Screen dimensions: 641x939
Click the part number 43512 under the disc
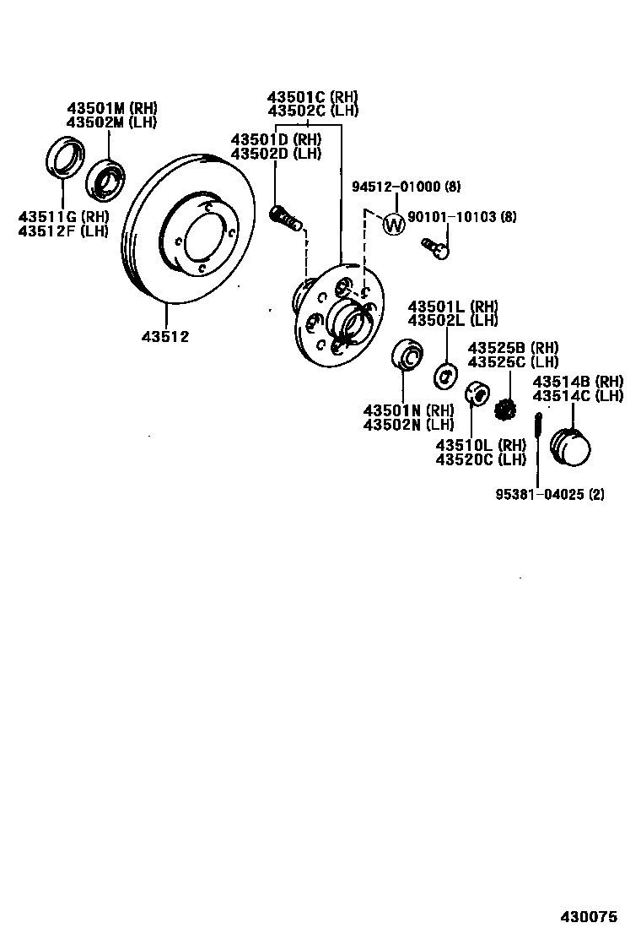pyautogui.click(x=165, y=336)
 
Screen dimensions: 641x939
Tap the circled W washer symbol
pyautogui.click(x=393, y=224)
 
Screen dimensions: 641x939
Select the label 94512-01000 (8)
pyautogui.click(x=418, y=187)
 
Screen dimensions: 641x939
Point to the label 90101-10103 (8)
pyautogui.click(x=461, y=217)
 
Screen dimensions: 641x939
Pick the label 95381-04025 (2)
pyautogui.click(x=549, y=495)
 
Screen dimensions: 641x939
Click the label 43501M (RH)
pyautogui.click(x=112, y=108)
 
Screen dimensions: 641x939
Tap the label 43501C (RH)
pyautogui.click(x=313, y=96)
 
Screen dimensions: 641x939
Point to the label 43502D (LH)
pyautogui.click(x=276, y=154)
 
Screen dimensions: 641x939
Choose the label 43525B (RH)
pyautogui.click(x=513, y=348)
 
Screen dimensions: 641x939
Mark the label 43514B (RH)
pyautogui.click(x=578, y=382)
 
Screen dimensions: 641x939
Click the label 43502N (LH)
pyautogui.click(x=408, y=425)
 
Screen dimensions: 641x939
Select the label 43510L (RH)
pyautogui.click(x=481, y=445)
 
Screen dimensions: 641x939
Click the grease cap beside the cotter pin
pyautogui.click(x=571, y=445)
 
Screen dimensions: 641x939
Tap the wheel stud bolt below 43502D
pyautogui.click(x=287, y=219)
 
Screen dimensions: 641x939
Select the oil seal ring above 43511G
pyautogui.click(x=63, y=158)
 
